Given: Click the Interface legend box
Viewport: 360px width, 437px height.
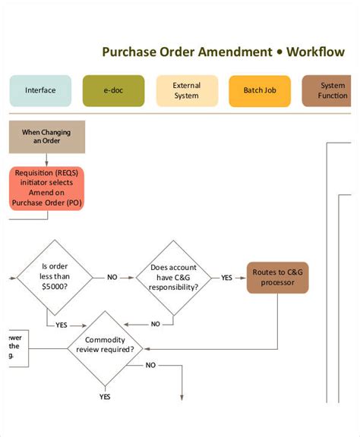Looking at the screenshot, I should tap(40, 90).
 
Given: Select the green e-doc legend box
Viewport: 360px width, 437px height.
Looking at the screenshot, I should tap(113, 90).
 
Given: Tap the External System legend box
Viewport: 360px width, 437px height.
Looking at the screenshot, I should tap(186, 90).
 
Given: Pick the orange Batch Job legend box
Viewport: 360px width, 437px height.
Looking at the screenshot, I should tap(259, 90).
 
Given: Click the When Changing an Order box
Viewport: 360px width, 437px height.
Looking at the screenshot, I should tap(46, 137).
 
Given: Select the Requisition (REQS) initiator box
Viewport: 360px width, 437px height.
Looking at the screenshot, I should tap(46, 187).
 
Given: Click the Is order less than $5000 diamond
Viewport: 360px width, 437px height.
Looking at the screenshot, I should tap(55, 277).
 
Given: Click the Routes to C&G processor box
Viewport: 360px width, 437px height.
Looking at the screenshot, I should tap(277, 277).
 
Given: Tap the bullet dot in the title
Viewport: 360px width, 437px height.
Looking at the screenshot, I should tap(280, 52).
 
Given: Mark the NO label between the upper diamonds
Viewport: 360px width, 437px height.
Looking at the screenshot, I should tap(112, 277).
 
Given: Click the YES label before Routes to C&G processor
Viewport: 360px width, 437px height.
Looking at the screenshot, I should tap(226, 277).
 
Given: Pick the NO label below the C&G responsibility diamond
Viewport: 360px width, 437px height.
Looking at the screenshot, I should tap(156, 324).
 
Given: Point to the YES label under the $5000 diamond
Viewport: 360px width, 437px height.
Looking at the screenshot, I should tap(62, 325).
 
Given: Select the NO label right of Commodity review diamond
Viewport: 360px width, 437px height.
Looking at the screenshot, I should tap(150, 365).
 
